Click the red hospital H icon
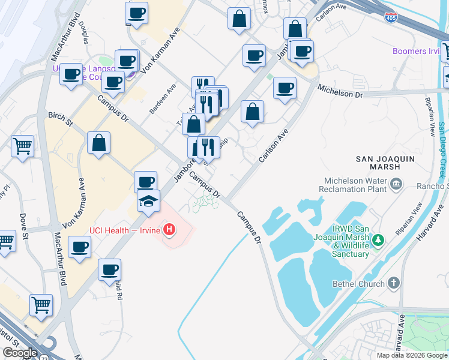pyautogui.click(x=170, y=229)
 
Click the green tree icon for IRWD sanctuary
pyautogui.click(x=378, y=241)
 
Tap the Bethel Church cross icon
pyautogui.click(x=393, y=283)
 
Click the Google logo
pyautogui.click(x=20, y=353)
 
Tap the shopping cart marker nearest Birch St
pyautogui.click(x=23, y=145)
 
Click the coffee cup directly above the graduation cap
pyautogui.click(x=145, y=182)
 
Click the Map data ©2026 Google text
pyautogui.click(x=412, y=355)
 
